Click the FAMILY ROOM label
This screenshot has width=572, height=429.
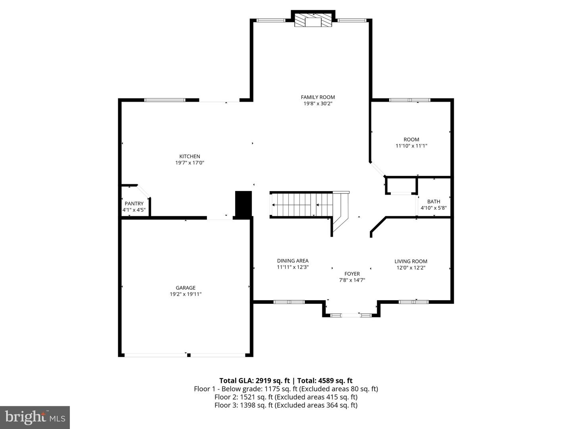click(318, 97)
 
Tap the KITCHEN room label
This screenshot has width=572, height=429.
click(189, 157)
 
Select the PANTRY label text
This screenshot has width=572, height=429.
click(134, 204)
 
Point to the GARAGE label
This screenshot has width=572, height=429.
click(186, 288)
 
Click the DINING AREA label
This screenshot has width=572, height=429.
click(293, 261)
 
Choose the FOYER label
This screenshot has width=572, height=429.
click(352, 274)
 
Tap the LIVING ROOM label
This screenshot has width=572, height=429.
click(411, 261)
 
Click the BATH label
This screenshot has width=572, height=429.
click(433, 201)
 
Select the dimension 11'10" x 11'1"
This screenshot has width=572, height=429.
click(411, 146)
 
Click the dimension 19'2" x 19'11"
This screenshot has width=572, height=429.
click(186, 294)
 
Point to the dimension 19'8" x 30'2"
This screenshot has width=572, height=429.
click(318, 104)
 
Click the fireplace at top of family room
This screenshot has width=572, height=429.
click(313, 21)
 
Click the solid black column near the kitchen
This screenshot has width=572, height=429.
click(243, 204)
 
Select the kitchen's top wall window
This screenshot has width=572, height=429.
click(164, 100)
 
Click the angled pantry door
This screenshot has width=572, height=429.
click(143, 191)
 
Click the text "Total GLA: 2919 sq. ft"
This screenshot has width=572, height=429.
click(252, 381)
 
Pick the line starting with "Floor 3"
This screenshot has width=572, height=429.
click(286, 405)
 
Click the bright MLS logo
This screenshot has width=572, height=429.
click(35, 417)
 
